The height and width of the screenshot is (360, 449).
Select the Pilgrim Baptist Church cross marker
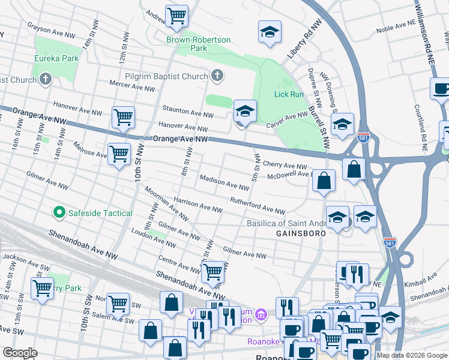click(217, 76)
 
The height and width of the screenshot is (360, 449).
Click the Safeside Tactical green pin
click(59, 213)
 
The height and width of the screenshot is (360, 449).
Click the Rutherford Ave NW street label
click(257, 205)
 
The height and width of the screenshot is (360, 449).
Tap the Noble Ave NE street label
click(397, 29)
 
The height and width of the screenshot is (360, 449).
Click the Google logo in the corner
click(20, 353)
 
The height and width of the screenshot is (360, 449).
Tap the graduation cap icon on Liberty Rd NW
click(270, 32)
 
